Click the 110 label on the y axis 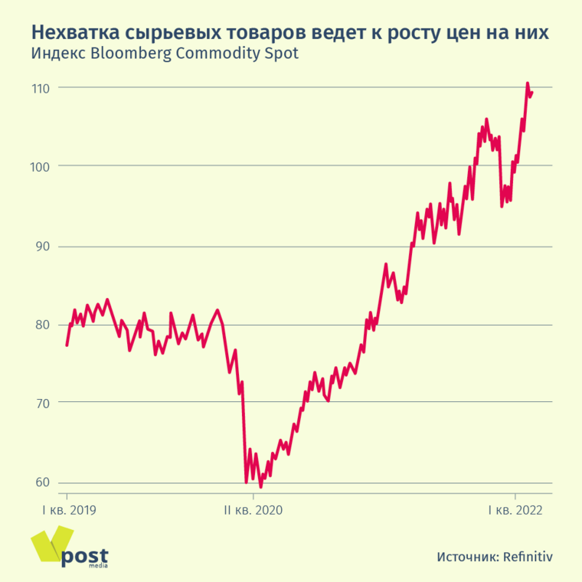click(x=41, y=88)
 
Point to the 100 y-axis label click(x=41, y=166)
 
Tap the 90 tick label click(x=42, y=247)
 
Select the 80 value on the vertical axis click(x=42, y=325)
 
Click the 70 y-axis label click(x=42, y=403)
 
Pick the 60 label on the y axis click(x=42, y=482)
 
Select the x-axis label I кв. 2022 click(x=515, y=509)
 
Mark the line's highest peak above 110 click(x=527, y=83)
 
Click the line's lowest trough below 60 click(x=260, y=486)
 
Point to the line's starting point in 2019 click(x=67, y=345)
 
